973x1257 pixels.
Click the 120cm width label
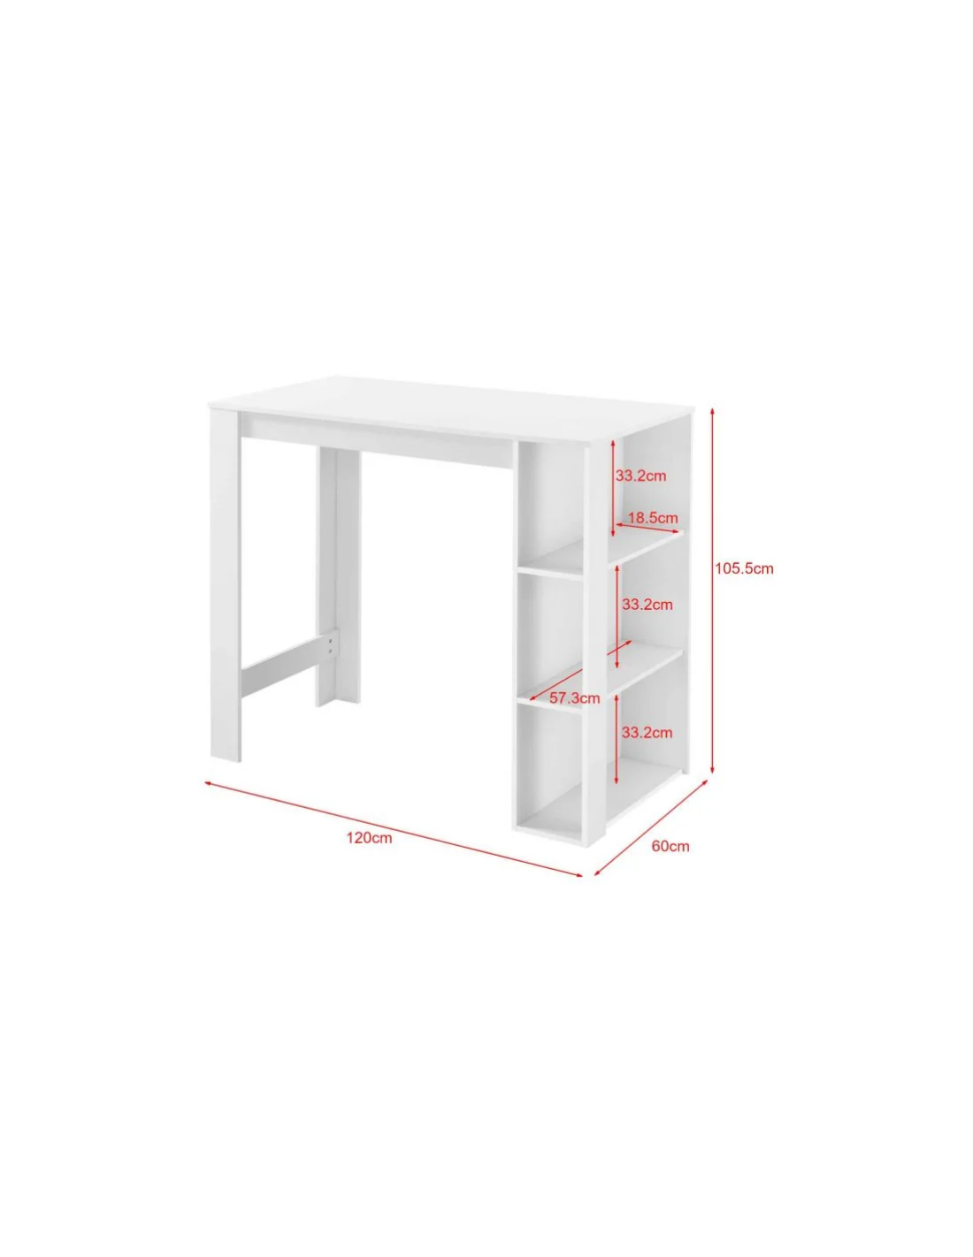pos(369,838)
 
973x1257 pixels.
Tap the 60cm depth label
pos(670,846)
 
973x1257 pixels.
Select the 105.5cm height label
pos(744,568)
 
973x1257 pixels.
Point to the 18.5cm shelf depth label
pos(652,518)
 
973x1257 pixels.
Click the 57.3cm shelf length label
pos(574,698)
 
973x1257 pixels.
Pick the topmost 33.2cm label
pos(640,476)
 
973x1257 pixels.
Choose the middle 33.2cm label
pos(647,605)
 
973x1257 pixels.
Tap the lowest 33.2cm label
pos(647,732)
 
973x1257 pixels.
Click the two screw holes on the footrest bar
pos(330,645)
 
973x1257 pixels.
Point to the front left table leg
pos(226,584)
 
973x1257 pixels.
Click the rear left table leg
pos(339,577)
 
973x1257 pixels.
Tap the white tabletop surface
pos(451,407)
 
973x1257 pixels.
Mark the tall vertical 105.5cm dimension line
pos(712,590)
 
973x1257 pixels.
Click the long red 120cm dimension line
pos(394,828)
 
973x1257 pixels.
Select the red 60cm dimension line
pos(651,827)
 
